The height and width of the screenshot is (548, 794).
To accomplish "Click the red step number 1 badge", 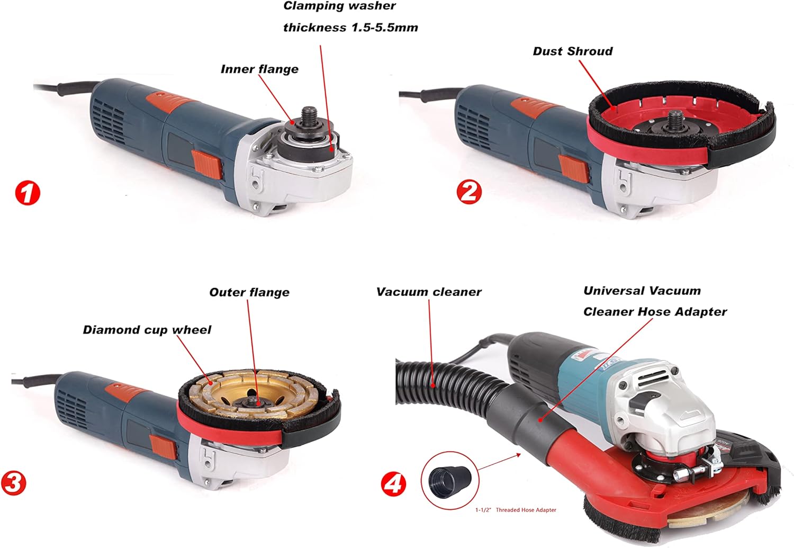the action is (28, 193).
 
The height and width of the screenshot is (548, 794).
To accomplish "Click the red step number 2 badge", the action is (469, 192).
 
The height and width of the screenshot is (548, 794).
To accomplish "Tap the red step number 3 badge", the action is (13, 483).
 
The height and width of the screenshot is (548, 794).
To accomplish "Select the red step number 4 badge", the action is (393, 484).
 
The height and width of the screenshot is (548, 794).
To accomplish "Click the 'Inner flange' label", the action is (259, 69).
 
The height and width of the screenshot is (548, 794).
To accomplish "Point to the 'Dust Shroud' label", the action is (573, 51).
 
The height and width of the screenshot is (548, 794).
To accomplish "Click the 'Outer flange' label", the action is (249, 292).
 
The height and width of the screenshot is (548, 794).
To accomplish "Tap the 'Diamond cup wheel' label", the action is (147, 330).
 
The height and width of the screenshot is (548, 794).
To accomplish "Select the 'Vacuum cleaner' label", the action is (429, 292).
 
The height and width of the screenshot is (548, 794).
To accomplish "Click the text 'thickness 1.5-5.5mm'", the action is (350, 28).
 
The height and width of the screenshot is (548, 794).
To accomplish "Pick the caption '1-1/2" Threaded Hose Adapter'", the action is (516, 510).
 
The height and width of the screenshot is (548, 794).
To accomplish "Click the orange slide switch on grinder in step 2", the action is (574, 169).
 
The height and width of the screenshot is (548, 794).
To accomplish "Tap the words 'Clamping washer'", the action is (339, 6).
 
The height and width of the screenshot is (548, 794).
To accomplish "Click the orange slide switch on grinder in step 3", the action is (163, 450).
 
